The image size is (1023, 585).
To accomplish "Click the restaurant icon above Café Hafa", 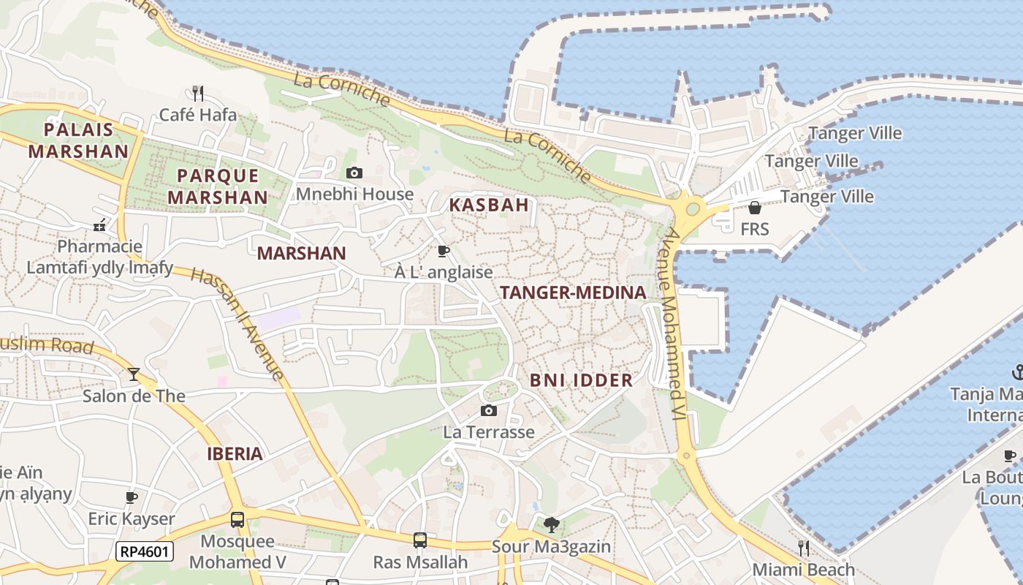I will (197, 93).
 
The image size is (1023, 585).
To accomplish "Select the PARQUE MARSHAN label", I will (218, 186).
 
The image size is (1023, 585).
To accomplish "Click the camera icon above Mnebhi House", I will (354, 173).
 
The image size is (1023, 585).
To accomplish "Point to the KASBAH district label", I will (488, 205).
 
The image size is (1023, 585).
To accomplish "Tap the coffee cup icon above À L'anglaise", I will (443, 252).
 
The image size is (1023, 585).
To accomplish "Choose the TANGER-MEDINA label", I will (573, 293).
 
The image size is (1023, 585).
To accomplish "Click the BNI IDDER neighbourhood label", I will (581, 380).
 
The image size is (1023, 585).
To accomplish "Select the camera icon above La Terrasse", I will (489, 411).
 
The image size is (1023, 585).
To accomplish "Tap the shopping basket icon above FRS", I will (755, 208).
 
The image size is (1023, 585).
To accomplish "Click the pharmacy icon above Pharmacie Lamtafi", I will (100, 225).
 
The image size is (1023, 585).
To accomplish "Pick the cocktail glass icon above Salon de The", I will (134, 374).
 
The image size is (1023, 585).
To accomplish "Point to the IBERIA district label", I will (235, 454).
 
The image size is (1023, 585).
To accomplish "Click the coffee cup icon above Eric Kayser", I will (132, 498).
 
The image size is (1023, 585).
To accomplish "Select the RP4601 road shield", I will (144, 551).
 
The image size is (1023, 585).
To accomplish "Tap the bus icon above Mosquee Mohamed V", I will (237, 520).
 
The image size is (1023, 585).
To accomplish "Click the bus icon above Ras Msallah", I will (420, 540).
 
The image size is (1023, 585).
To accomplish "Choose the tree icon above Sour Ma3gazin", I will (551, 524).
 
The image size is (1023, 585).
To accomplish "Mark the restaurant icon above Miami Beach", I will (804, 548).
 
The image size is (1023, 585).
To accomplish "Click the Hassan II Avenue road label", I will (237, 323).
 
